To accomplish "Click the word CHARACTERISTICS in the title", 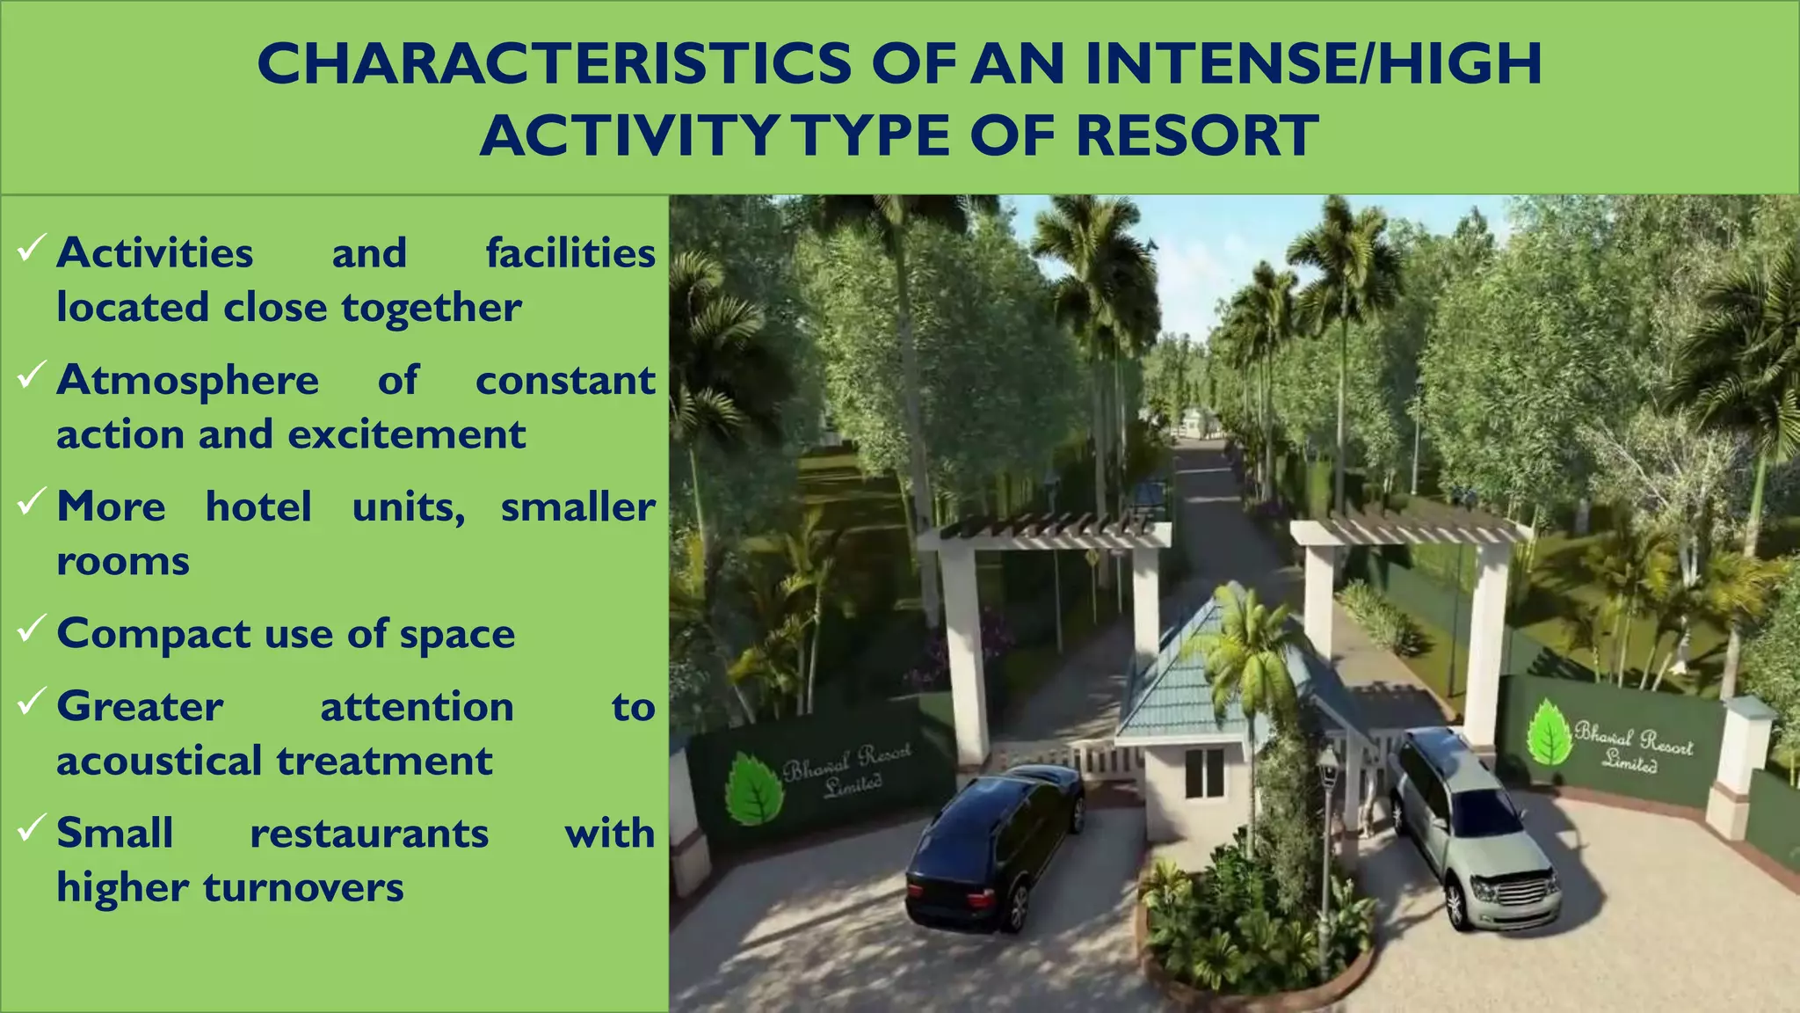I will coord(554,63).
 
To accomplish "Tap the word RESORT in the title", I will coord(1196,136).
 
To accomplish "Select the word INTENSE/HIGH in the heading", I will coord(1313,63).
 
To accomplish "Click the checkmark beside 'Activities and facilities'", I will coord(31,249).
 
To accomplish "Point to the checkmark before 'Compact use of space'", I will coord(31,629).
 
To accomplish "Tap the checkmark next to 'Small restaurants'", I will coord(31,828).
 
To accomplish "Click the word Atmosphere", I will coord(187,381).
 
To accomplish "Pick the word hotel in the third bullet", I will coord(258,506).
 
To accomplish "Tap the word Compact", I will coord(154,634).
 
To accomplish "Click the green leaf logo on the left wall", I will coord(753,789).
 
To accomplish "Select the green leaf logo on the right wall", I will coord(1550,732).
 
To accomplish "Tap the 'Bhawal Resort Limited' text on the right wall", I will coord(1632,746).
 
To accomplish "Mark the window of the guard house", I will coord(1203,773).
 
